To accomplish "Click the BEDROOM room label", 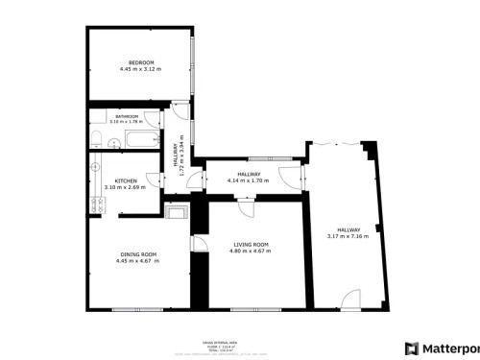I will (x=141, y=63).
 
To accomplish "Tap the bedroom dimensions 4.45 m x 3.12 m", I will (x=141, y=70).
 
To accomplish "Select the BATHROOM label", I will (x=127, y=117).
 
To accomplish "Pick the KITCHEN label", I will (x=126, y=181).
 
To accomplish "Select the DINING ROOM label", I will (x=136, y=254).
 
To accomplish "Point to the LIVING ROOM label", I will (x=251, y=244).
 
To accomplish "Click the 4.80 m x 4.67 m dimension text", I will (x=251, y=251).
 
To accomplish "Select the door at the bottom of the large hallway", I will (x=352, y=300).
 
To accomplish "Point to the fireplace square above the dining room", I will (x=177, y=211).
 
